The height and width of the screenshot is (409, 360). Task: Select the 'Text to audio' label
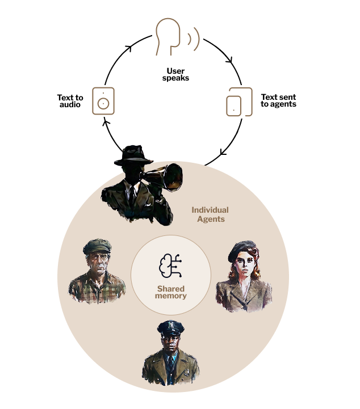70,102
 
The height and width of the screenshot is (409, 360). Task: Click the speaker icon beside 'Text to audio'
103,102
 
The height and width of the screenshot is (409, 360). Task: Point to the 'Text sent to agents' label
278,101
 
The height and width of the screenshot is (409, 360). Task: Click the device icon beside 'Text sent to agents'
239,102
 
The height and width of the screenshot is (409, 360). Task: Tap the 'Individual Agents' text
210,214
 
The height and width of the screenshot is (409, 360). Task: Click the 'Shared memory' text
171,292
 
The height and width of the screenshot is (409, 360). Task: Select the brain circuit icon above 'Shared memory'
170,267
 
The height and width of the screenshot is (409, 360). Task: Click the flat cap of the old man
97,246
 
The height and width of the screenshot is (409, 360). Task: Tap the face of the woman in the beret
243,265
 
